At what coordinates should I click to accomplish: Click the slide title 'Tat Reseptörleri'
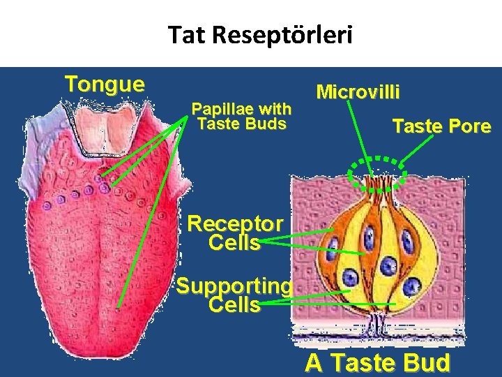(x=260, y=34)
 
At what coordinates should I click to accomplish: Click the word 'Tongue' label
(x=105, y=84)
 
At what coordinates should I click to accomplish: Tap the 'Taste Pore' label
(x=441, y=126)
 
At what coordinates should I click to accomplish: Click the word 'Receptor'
(x=236, y=224)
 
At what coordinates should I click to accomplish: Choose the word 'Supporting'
(x=233, y=286)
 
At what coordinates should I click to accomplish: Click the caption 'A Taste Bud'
(x=377, y=364)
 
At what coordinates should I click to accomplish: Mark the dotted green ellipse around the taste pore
(x=377, y=172)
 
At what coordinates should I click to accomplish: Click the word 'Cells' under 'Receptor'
(x=234, y=243)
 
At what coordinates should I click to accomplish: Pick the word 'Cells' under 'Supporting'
(x=234, y=304)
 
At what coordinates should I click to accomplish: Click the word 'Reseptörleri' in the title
(x=294, y=34)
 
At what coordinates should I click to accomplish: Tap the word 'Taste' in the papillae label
(x=217, y=124)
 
